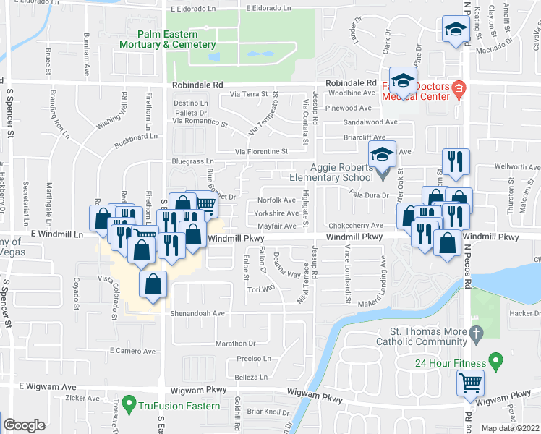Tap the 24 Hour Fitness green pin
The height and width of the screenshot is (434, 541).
point(495,359)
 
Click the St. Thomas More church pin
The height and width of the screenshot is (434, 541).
point(475,334)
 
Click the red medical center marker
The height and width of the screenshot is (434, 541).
point(457,90)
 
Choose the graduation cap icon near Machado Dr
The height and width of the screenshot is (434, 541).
point(456,30)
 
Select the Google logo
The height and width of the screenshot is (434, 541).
point(24,426)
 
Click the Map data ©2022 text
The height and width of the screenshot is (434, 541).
point(510,428)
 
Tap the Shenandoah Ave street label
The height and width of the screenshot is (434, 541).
point(198,314)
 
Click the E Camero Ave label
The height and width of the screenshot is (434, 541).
point(133,351)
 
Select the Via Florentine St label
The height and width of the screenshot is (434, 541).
point(261,152)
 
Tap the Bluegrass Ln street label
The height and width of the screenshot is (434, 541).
point(193,161)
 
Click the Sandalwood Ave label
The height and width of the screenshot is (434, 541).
point(371,122)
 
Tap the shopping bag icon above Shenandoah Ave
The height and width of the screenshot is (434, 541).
point(153,284)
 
